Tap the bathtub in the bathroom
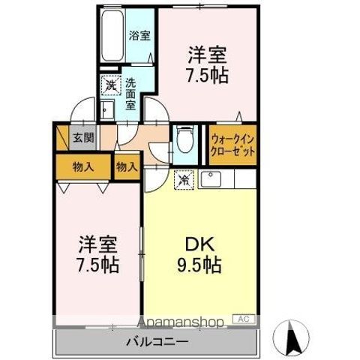112,38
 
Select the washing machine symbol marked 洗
109,87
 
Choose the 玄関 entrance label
83,138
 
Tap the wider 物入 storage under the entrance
82,166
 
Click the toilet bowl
184,141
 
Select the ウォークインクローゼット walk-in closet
233,143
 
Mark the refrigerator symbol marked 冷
184,180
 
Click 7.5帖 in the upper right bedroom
206,76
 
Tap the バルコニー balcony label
157,341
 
